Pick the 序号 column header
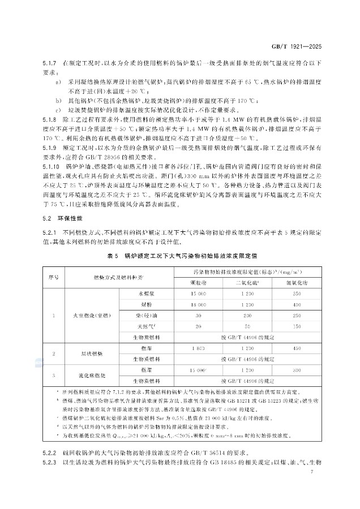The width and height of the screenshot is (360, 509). pos(55,277)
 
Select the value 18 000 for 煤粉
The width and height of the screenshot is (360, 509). pos(198,305)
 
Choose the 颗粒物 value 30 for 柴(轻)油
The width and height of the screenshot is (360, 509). pos(198,316)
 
